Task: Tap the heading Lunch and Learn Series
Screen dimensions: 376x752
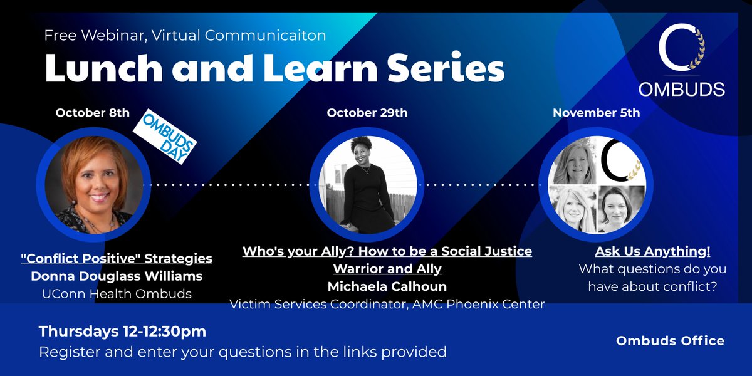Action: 274,70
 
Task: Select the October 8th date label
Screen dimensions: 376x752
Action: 93,113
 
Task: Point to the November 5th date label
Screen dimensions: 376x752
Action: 596,113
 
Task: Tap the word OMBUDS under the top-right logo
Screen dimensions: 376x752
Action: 682,90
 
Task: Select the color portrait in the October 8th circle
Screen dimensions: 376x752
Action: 93,185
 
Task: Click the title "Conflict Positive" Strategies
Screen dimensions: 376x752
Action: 117,259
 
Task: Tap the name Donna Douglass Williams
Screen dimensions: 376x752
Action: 117,276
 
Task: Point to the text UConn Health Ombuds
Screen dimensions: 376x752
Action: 117,293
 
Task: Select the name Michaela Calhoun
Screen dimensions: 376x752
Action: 387,287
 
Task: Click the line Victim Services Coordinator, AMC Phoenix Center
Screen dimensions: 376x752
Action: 387,305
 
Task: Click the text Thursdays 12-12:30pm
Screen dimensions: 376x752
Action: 123,331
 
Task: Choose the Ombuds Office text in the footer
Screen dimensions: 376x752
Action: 670,341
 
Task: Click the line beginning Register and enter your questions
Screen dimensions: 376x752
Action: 243,352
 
